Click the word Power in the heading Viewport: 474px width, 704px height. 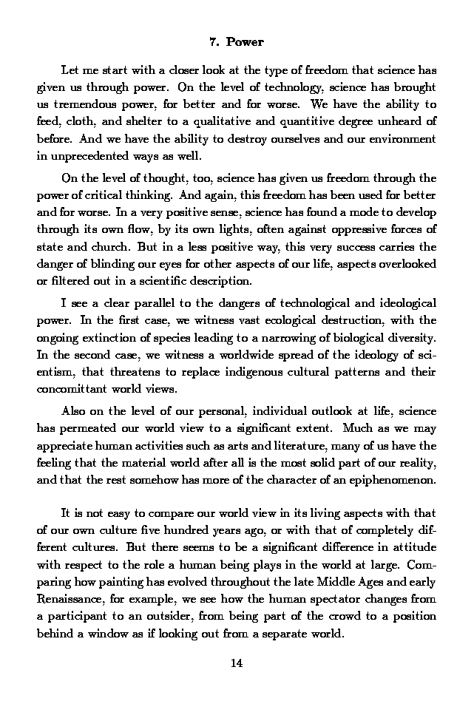click(245, 42)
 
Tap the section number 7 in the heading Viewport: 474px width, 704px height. click(214, 42)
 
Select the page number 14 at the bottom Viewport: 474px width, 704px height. click(237, 663)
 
